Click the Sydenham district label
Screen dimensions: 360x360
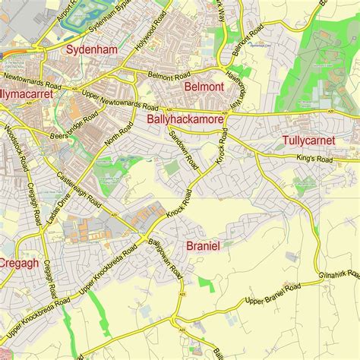(x=91, y=50)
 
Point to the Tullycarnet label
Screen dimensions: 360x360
(x=313, y=141)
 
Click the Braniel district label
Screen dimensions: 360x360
(x=203, y=245)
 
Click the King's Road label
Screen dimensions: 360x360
(x=314, y=159)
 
